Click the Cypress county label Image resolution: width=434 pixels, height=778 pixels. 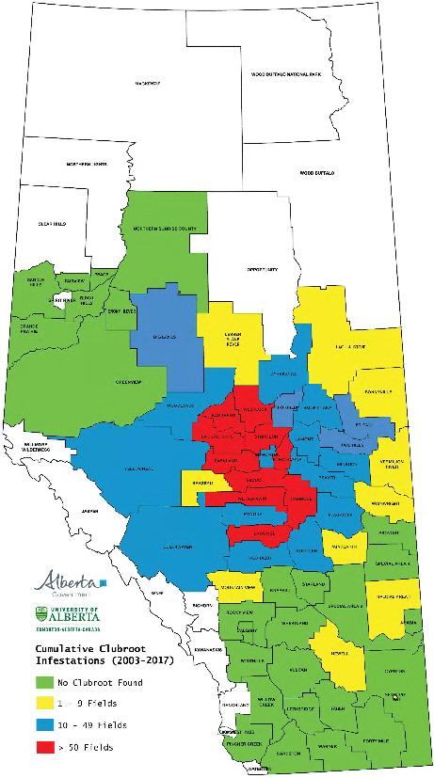coord(394,671)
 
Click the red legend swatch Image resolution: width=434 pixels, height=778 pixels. coord(44,747)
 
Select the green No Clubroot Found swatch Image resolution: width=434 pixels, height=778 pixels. coord(44,681)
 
